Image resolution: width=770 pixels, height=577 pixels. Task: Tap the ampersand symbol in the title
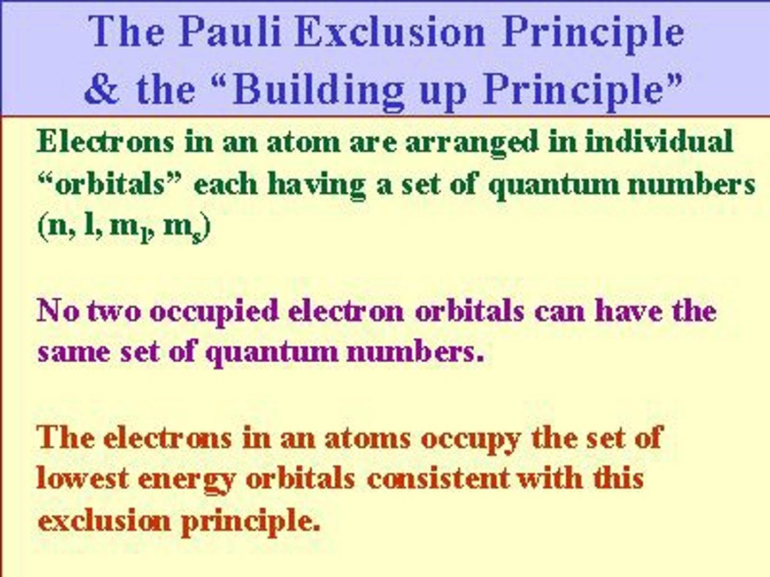(102, 89)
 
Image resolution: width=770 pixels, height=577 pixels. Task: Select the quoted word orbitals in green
(109, 185)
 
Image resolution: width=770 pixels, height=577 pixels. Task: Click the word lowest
(83, 478)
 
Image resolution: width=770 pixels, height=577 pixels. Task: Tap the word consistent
(438, 478)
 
